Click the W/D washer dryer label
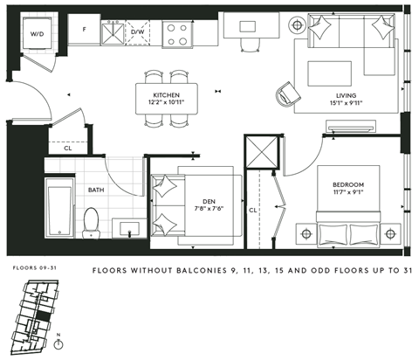tap(38, 34)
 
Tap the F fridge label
tap(84, 29)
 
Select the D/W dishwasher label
tap(138, 33)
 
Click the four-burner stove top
tap(177, 33)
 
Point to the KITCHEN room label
tap(166, 93)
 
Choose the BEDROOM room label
tap(347, 184)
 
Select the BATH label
tap(96, 189)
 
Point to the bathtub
tap(60, 208)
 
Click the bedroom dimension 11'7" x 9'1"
tap(347, 194)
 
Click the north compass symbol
tap(58, 343)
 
